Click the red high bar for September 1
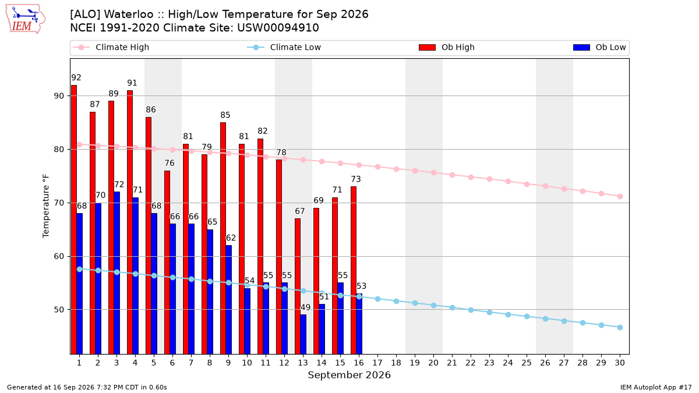click(x=74, y=219)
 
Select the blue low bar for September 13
click(x=303, y=334)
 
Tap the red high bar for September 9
click(x=223, y=238)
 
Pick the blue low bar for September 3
click(x=116, y=273)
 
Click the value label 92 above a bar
click(x=76, y=77)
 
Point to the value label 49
click(x=305, y=307)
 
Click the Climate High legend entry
click(x=111, y=47)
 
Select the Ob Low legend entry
click(x=599, y=47)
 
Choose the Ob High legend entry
click(x=447, y=47)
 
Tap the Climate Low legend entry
click(x=284, y=47)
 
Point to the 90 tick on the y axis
click(x=59, y=96)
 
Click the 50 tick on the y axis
click(x=59, y=310)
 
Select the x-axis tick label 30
click(x=620, y=363)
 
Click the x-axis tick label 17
click(x=377, y=363)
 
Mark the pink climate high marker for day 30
click(x=620, y=197)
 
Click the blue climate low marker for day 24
click(x=508, y=315)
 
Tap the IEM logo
click(x=26, y=19)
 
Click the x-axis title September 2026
click(x=349, y=375)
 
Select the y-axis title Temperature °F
click(x=46, y=206)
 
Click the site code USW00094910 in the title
click(x=278, y=28)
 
